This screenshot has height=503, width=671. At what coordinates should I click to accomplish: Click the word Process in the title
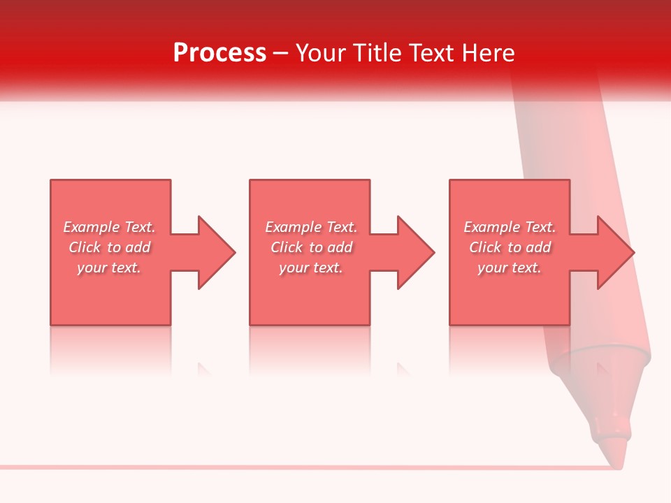[x=219, y=53]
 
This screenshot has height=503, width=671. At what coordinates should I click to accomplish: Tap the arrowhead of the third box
[x=614, y=252]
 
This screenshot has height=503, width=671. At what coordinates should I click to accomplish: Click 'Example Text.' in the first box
[x=110, y=227]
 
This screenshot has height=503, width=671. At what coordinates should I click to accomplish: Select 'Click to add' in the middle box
[x=311, y=247]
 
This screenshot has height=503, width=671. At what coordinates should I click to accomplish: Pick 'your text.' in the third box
[x=510, y=268]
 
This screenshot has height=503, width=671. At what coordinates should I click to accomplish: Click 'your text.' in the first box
[x=110, y=268]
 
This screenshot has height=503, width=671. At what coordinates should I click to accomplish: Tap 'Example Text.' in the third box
[x=510, y=227]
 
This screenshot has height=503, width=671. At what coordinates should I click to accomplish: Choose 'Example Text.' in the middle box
[x=311, y=227]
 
